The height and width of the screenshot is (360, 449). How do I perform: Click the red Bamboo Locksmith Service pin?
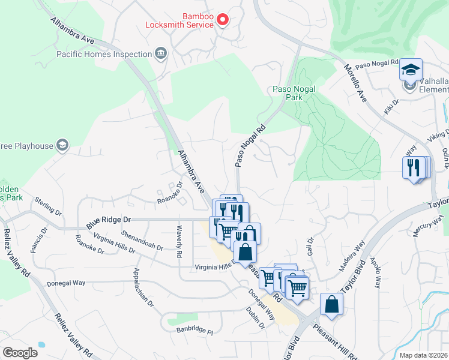pos(222,20)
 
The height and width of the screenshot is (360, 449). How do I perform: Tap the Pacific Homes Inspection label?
pos(104,54)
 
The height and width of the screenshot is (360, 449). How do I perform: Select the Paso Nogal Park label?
pos(294,92)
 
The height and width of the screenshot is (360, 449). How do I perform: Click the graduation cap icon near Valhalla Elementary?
pos(411,70)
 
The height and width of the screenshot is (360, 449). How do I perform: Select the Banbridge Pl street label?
pos(194,330)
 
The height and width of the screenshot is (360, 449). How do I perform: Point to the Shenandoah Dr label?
pos(142,238)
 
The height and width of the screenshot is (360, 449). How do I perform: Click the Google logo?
pos(20,352)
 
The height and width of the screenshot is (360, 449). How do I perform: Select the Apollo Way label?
pos(375,274)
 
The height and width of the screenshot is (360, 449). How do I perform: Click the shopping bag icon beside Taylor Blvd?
pos(331,304)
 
